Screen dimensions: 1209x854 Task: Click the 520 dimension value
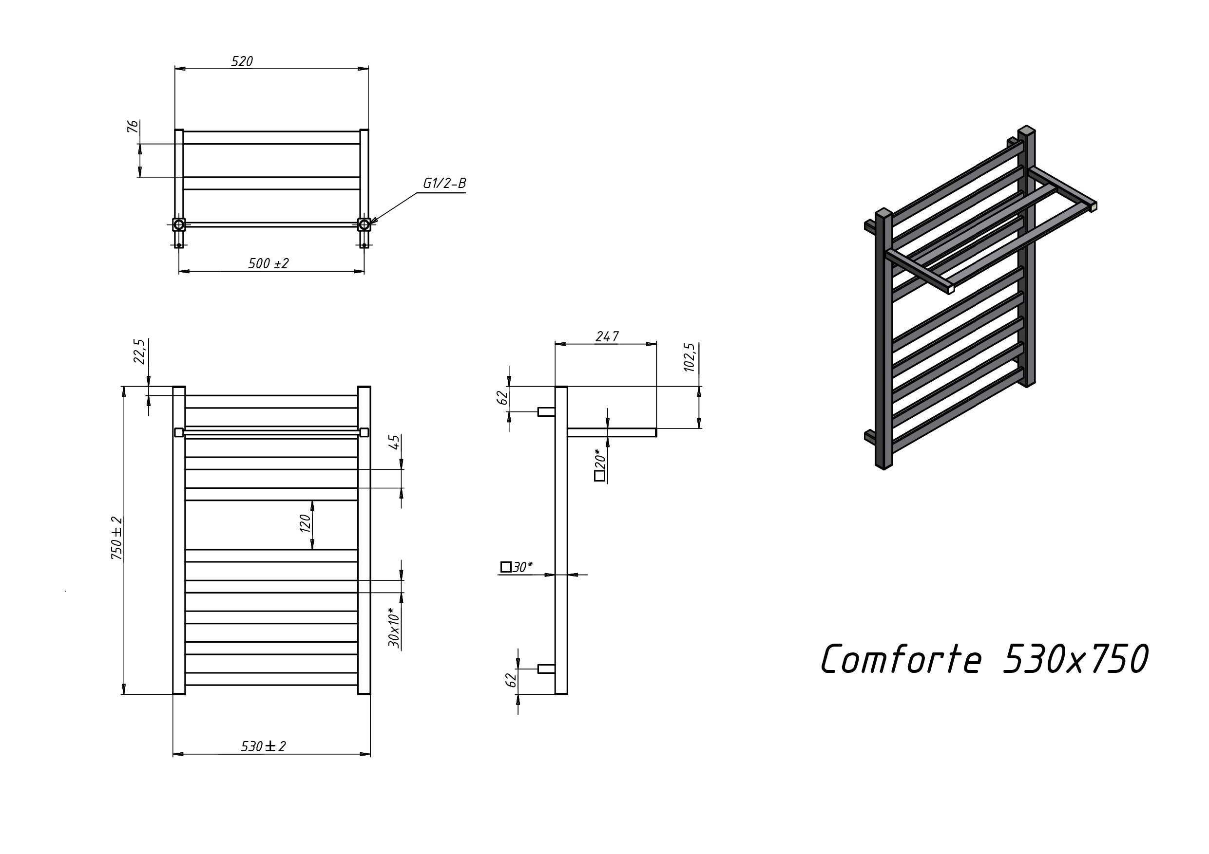click(242, 61)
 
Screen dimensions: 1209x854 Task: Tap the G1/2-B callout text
click(444, 183)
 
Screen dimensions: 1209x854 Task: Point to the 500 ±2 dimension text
click(269, 263)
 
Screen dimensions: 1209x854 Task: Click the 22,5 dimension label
click(139, 351)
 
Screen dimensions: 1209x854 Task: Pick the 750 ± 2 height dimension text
click(117, 537)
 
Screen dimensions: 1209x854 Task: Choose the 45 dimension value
click(395, 442)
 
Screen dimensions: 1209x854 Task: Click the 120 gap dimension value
click(306, 523)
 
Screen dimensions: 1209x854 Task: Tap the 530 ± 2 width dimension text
click(263, 746)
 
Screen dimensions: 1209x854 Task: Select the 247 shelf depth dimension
click(607, 336)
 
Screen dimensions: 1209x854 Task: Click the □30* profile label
click(517, 567)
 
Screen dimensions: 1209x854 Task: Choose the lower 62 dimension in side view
click(511, 680)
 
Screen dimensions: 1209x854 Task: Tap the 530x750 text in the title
click(1075, 659)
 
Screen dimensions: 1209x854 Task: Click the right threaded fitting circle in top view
click(364, 224)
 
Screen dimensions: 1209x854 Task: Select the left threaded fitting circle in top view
click(179, 224)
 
